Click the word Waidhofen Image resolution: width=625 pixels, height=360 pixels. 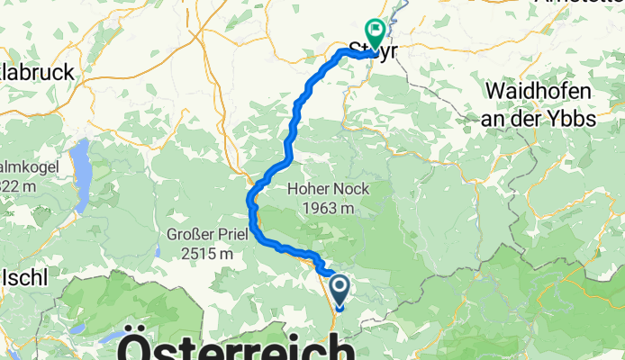(539, 91)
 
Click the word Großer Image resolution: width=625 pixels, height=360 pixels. (191, 236)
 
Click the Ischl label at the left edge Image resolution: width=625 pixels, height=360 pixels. (24, 278)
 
